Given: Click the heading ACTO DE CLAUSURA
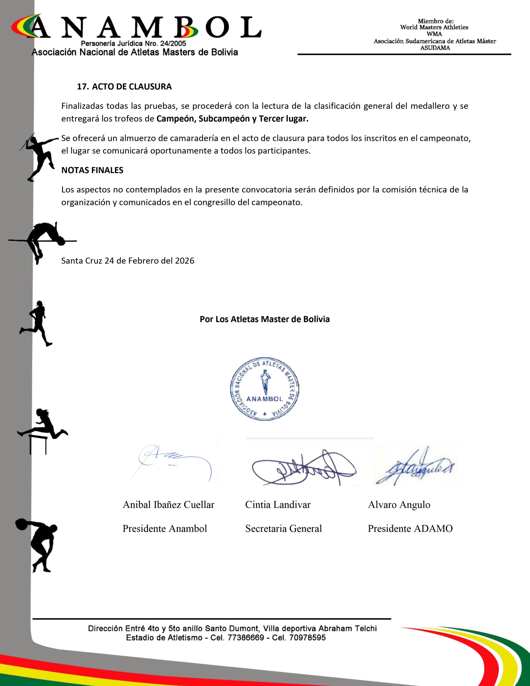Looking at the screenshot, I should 132,87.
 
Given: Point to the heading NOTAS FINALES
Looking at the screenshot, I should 92,170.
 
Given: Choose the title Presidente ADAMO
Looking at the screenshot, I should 410,529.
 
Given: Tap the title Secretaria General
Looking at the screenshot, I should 283,529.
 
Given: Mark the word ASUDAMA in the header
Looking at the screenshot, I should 435,48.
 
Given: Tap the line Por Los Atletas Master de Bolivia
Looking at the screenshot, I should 264,319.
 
